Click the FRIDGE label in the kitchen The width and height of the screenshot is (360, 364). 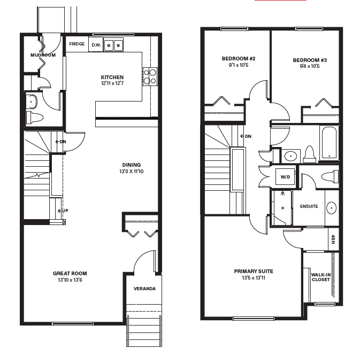click(x=77, y=44)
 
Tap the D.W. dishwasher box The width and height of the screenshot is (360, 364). click(x=96, y=44)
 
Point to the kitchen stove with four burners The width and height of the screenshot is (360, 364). click(x=150, y=76)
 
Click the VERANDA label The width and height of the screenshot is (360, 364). click(x=144, y=289)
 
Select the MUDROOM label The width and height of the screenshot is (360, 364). click(x=43, y=55)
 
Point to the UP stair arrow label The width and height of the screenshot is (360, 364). click(x=63, y=211)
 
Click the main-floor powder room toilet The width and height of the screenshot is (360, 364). click(x=34, y=118)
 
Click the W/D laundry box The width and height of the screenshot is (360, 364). click(x=286, y=177)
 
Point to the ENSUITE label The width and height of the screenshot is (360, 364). click(x=309, y=206)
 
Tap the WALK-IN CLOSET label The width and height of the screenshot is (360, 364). click(x=321, y=277)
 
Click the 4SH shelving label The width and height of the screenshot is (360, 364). click(x=333, y=239)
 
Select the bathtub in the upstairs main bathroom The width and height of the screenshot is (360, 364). click(x=329, y=143)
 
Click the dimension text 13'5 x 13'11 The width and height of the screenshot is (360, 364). click(x=254, y=277)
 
